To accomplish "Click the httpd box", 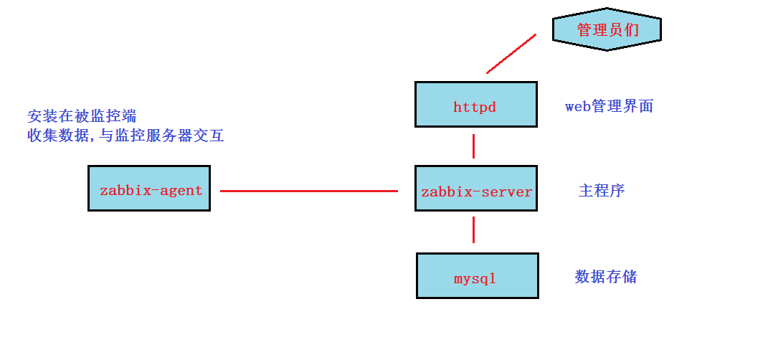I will click(x=475, y=104).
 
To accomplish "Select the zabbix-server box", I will click(x=475, y=188).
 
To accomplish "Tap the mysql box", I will click(x=477, y=275).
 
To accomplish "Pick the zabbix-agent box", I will click(x=149, y=188).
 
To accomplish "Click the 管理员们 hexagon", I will click(x=607, y=29).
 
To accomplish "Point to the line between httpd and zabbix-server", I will click(x=473, y=146).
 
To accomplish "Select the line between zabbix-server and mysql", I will click(x=473, y=230).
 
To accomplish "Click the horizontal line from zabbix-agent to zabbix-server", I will click(x=308, y=191).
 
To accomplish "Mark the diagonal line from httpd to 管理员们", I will click(x=511, y=54).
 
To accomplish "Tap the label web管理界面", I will click(x=609, y=107).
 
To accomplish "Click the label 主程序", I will click(x=602, y=191).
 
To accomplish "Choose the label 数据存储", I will click(x=605, y=277).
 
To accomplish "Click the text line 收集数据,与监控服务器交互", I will click(x=125, y=136).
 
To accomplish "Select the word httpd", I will click(x=475, y=108).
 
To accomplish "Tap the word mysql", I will click(x=475, y=279).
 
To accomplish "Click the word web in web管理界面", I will click(x=577, y=107).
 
